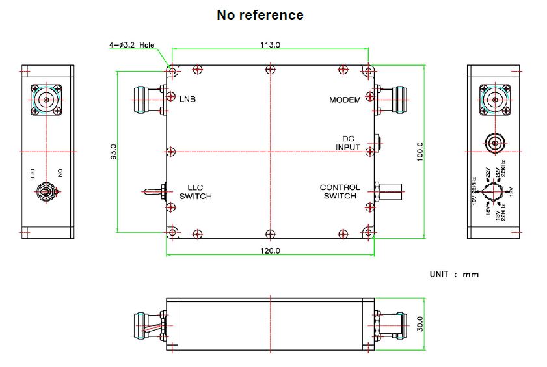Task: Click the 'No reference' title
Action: (260, 14)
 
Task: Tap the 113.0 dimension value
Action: (270, 45)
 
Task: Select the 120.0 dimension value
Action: (270, 251)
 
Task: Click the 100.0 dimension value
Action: (420, 152)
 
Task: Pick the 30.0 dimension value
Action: (420, 323)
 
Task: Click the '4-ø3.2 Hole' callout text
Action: (132, 46)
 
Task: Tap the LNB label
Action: (187, 100)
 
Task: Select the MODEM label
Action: (345, 100)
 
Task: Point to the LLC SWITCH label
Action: (196, 192)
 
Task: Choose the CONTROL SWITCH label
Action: (340, 192)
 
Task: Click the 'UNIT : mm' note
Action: (454, 274)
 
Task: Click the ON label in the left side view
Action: (60, 173)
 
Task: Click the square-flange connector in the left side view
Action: (47, 100)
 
